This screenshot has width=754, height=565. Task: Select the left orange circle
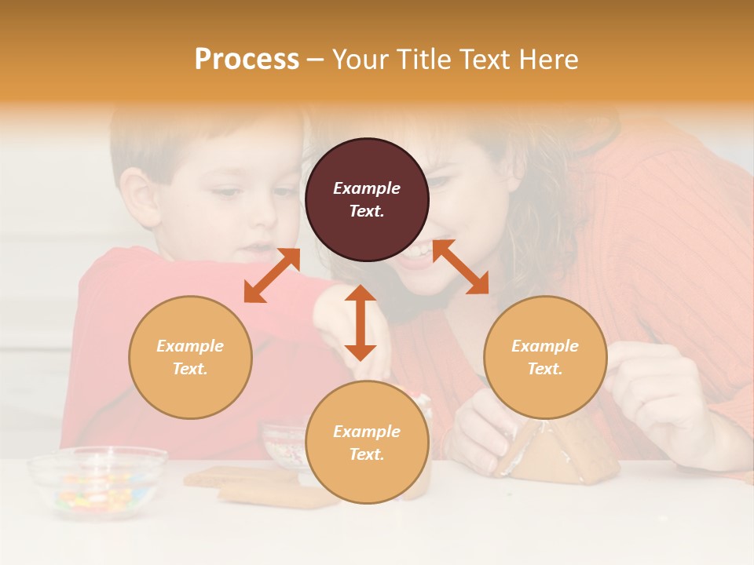(190, 357)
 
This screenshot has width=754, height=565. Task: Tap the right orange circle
(545, 357)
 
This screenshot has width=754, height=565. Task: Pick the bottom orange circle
(367, 443)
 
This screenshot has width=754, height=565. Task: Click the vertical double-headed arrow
(361, 323)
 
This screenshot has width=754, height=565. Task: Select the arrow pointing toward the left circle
(272, 275)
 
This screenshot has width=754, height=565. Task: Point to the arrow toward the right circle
(460, 267)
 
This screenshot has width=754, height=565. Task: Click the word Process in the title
(247, 59)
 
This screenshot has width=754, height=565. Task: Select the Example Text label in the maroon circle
(367, 199)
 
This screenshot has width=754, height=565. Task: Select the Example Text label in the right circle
(545, 357)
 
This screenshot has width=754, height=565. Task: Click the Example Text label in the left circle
(190, 357)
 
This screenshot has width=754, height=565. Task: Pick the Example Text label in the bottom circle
(367, 443)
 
